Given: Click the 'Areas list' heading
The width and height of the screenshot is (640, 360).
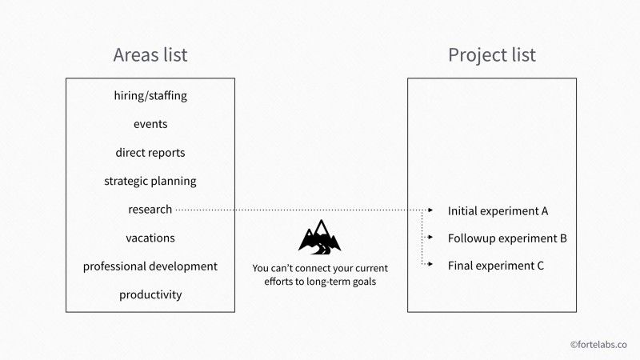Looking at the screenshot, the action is coord(150,55).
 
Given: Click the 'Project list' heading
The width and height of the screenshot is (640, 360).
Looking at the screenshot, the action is coord(491,55).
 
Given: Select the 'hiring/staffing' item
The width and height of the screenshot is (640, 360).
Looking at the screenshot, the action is coord(150,96).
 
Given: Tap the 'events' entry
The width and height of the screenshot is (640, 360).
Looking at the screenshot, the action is coord(150,124).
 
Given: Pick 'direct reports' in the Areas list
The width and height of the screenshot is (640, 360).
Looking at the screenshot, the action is coord(150,152).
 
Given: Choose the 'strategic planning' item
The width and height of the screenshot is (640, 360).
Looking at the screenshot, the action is coord(150,181).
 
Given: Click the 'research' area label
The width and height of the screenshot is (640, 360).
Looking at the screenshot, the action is coord(150,210).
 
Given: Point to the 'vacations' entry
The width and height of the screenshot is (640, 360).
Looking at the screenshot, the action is coord(150,238).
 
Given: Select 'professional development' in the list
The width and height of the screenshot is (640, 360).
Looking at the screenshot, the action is coord(150,266).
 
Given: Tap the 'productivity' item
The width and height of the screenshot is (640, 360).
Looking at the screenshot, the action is coord(150,294).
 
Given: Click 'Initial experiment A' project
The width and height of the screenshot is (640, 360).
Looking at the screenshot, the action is coord(498,211).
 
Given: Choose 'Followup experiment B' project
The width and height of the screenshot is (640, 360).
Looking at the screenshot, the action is coord(507,238).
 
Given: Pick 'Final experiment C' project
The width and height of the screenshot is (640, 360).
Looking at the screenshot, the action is coord(496,266).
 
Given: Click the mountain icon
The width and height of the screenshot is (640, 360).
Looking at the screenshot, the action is coord(319,236).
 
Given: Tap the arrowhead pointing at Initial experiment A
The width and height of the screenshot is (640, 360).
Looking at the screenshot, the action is coord(431,210).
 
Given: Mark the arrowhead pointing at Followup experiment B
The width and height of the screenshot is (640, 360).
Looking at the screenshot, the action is coord(431,238).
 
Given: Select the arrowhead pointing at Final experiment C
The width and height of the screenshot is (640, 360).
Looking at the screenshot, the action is coord(431,265).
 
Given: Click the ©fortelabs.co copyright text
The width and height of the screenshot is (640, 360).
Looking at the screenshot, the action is coord(598,344).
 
